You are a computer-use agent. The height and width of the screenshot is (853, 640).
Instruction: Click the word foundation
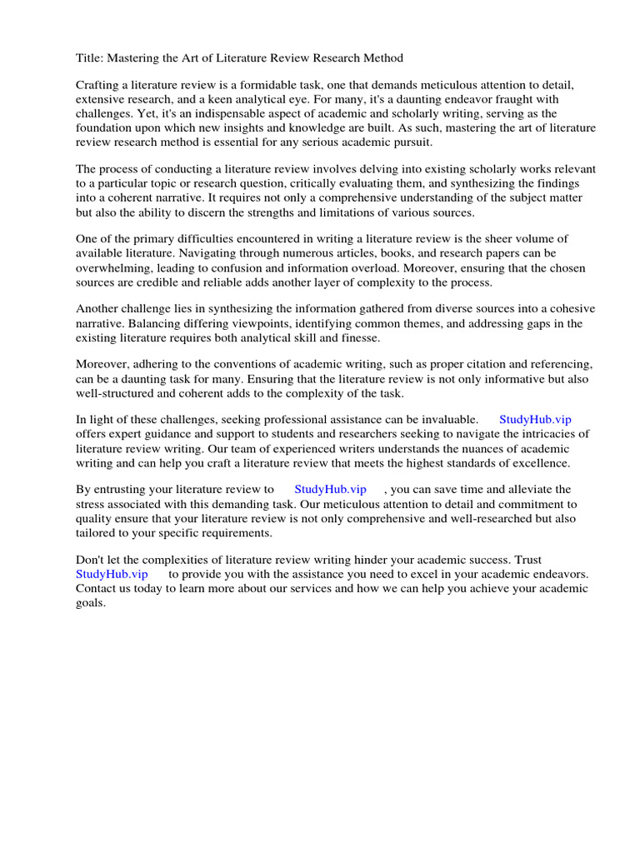[104, 127]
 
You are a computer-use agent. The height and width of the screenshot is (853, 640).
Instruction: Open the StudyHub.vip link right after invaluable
[535, 420]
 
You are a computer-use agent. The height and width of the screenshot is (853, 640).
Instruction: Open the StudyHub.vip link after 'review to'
[330, 490]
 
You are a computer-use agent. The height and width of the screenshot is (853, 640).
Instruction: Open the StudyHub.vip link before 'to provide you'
[112, 574]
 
